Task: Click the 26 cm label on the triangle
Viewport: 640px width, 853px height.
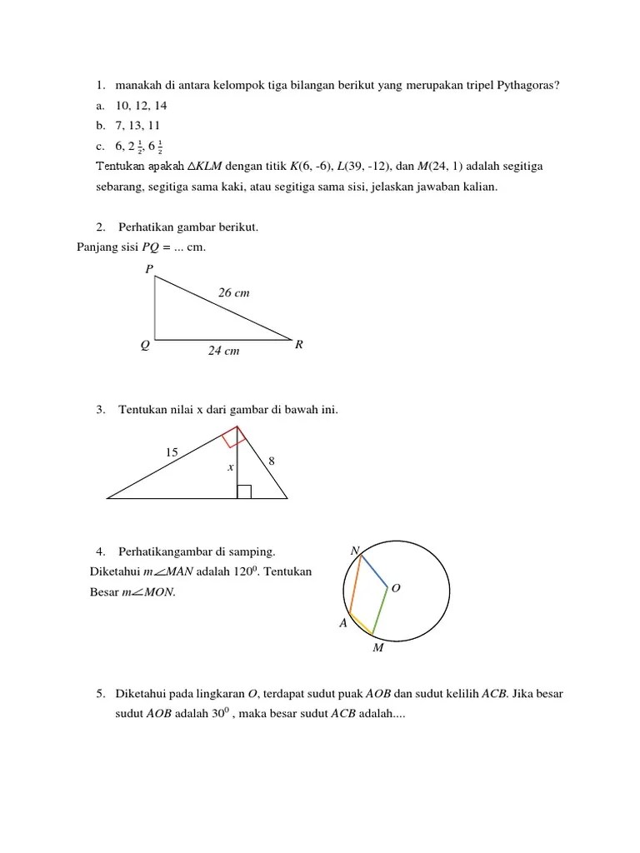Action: [233, 293]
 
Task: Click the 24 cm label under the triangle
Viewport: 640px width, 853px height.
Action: [223, 352]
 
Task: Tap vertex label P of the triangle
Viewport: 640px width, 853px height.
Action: [149, 268]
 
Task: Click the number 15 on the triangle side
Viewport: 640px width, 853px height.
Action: [171, 452]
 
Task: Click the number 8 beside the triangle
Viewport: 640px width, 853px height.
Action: [272, 461]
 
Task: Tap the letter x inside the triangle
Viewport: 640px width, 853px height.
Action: [230, 468]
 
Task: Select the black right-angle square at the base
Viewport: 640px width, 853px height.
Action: [243, 491]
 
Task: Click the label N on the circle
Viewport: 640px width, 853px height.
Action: [354, 551]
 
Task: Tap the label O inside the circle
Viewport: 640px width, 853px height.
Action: [396, 588]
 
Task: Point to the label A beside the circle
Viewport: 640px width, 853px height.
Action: [342, 623]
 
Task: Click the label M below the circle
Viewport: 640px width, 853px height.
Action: [377, 647]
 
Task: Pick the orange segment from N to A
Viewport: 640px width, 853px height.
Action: [355, 584]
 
